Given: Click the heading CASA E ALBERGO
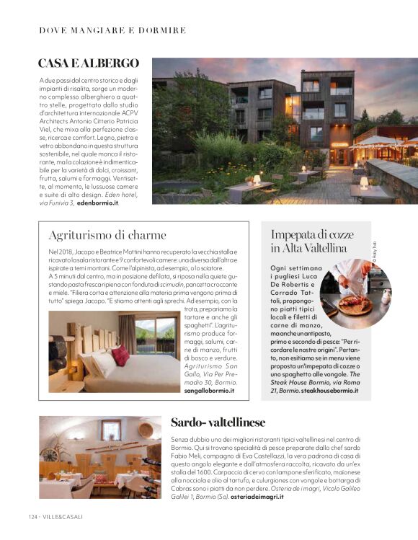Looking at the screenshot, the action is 89,63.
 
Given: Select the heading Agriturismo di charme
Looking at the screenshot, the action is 107,234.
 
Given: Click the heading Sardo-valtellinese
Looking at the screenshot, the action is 218,422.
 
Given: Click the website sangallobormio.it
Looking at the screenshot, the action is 209,390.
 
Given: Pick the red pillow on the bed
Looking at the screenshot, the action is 120,355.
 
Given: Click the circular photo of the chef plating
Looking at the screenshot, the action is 355,294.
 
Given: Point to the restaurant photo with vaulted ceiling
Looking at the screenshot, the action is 100,457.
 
